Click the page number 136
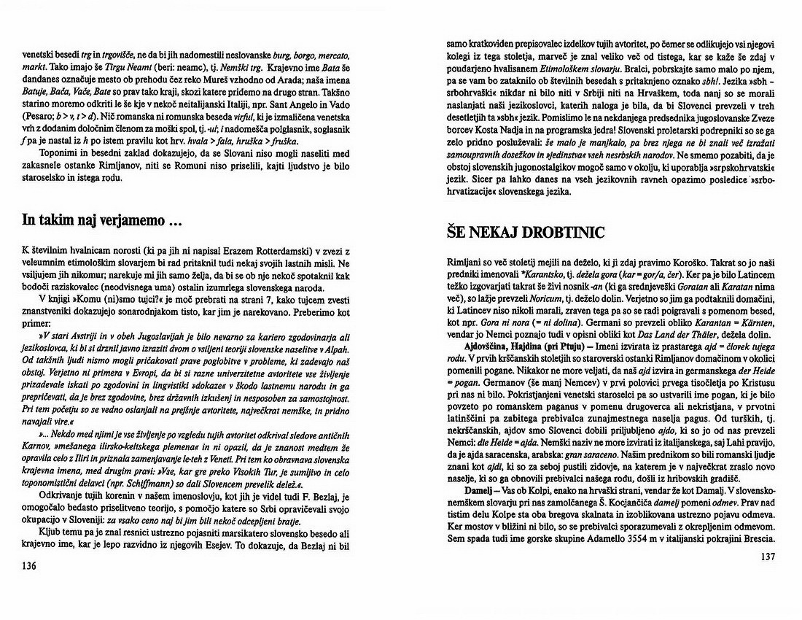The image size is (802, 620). coord(30,566)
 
